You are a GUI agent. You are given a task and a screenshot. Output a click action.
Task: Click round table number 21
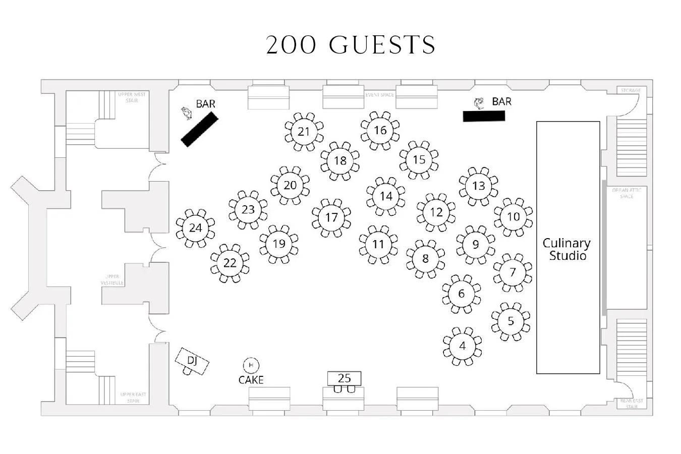point(304,132)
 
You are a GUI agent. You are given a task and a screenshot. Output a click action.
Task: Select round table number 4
point(463,347)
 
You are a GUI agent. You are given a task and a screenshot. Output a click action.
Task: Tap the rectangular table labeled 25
point(344,378)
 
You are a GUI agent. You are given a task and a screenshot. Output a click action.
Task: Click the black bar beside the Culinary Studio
point(484,116)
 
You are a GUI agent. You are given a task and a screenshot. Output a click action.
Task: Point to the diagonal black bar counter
point(199,130)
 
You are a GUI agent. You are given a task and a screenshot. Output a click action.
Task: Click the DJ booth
point(192,361)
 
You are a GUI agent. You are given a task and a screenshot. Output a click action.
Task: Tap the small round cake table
point(251,365)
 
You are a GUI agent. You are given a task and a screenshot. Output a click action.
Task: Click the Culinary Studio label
point(567,249)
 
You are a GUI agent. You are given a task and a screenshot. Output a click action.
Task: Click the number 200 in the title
point(291,45)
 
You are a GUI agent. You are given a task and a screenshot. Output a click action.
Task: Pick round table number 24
point(195,228)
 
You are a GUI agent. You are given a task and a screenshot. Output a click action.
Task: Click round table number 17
point(331,218)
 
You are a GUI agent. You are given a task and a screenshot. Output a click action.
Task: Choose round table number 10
point(513,217)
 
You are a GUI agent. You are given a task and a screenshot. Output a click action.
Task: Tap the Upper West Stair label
point(132,97)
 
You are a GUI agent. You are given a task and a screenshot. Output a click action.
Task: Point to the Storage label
point(631,91)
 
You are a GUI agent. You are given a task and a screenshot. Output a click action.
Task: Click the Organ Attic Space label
point(627,193)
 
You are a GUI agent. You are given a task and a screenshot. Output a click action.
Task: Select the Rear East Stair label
point(632,404)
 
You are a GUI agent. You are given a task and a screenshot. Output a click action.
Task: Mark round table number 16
point(380,131)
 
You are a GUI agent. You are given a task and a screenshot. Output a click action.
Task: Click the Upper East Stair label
point(133,398)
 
